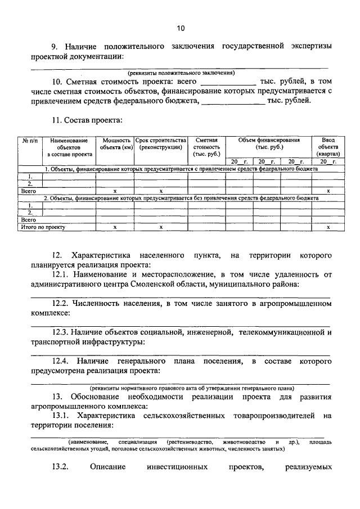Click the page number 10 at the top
180,28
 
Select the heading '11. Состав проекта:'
86,120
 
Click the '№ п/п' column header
29,140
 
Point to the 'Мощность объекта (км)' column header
115,143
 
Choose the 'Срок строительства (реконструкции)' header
160,143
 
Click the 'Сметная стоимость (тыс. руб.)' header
206,147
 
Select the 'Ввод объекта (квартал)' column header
328,147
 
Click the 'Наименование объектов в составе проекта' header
69,147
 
